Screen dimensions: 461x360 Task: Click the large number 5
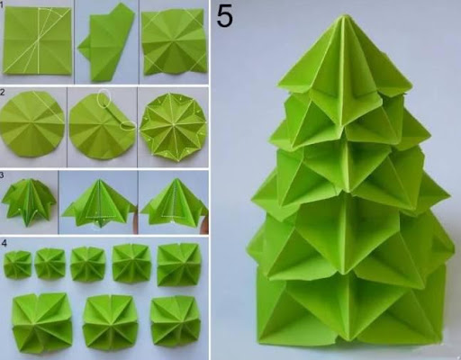click(224, 16)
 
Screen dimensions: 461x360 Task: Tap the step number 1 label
click(1, 5)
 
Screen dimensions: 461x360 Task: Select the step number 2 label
click(2, 92)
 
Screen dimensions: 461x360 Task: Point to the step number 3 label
click(2, 175)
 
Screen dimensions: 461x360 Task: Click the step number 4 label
click(4, 243)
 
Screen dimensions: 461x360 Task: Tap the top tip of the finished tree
click(345, 14)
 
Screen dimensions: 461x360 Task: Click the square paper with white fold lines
click(37, 40)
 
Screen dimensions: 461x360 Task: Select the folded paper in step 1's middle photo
click(106, 44)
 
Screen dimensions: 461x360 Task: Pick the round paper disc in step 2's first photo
click(32, 124)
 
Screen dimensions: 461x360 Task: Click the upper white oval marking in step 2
click(104, 98)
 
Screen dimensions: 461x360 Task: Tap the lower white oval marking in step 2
click(128, 125)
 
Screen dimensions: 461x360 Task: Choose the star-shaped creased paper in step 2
click(173, 127)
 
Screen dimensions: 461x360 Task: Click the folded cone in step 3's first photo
click(29, 201)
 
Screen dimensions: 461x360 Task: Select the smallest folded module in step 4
click(17, 265)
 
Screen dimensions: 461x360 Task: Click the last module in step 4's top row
click(179, 265)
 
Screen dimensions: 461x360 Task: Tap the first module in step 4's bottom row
click(42, 323)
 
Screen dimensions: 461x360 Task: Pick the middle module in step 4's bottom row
click(110, 322)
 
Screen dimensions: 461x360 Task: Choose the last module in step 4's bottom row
click(176, 322)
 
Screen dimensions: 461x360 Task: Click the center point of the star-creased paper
click(174, 123)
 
